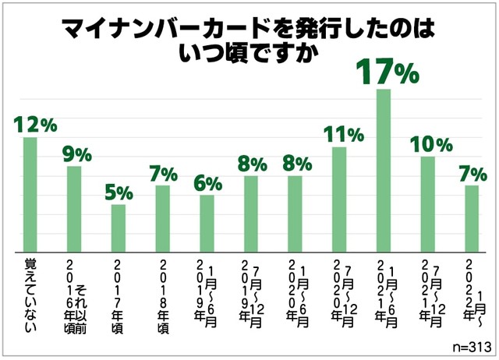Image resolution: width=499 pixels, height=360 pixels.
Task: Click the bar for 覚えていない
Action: point(30,194)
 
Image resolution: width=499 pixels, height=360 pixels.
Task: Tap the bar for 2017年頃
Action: point(118,228)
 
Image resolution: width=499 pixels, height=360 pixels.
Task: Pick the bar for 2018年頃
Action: point(162,218)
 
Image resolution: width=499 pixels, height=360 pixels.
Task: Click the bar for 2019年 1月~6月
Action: point(207,223)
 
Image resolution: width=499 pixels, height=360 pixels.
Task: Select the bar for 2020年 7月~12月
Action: point(339,199)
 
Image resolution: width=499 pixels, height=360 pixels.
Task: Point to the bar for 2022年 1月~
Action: point(472,218)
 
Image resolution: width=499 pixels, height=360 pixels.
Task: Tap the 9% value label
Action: point(77,154)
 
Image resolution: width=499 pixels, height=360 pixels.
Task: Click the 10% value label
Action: point(430,144)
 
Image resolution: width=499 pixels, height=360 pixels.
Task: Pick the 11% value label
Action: point(342,134)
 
